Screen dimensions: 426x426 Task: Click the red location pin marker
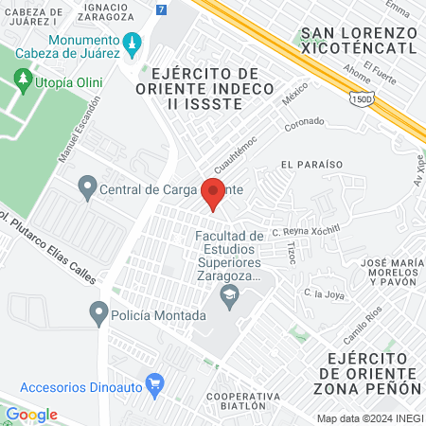215,192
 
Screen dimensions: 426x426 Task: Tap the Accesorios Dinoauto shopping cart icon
156,383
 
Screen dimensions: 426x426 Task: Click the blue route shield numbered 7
162,9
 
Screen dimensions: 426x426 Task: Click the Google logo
31,415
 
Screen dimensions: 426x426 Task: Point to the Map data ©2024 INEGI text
368,417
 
